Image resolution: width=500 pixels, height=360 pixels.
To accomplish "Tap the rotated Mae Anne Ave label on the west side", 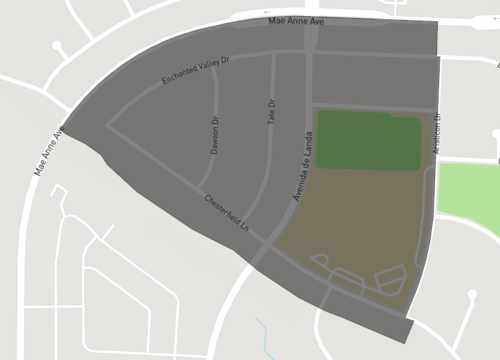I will coord(50,149).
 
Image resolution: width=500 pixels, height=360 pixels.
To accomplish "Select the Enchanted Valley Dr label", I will coord(196,73).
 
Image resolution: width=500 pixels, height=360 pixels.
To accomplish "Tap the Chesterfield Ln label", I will coord(227,213).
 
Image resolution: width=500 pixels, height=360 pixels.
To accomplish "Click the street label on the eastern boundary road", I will coord(437,132).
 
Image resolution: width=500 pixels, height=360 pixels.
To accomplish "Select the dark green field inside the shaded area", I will coord(367,140).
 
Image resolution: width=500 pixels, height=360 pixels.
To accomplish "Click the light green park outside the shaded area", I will coord(469,198).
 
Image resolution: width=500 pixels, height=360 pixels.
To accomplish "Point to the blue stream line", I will coord(263,333).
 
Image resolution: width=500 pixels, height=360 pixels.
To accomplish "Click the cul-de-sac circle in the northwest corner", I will coord(57,46).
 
